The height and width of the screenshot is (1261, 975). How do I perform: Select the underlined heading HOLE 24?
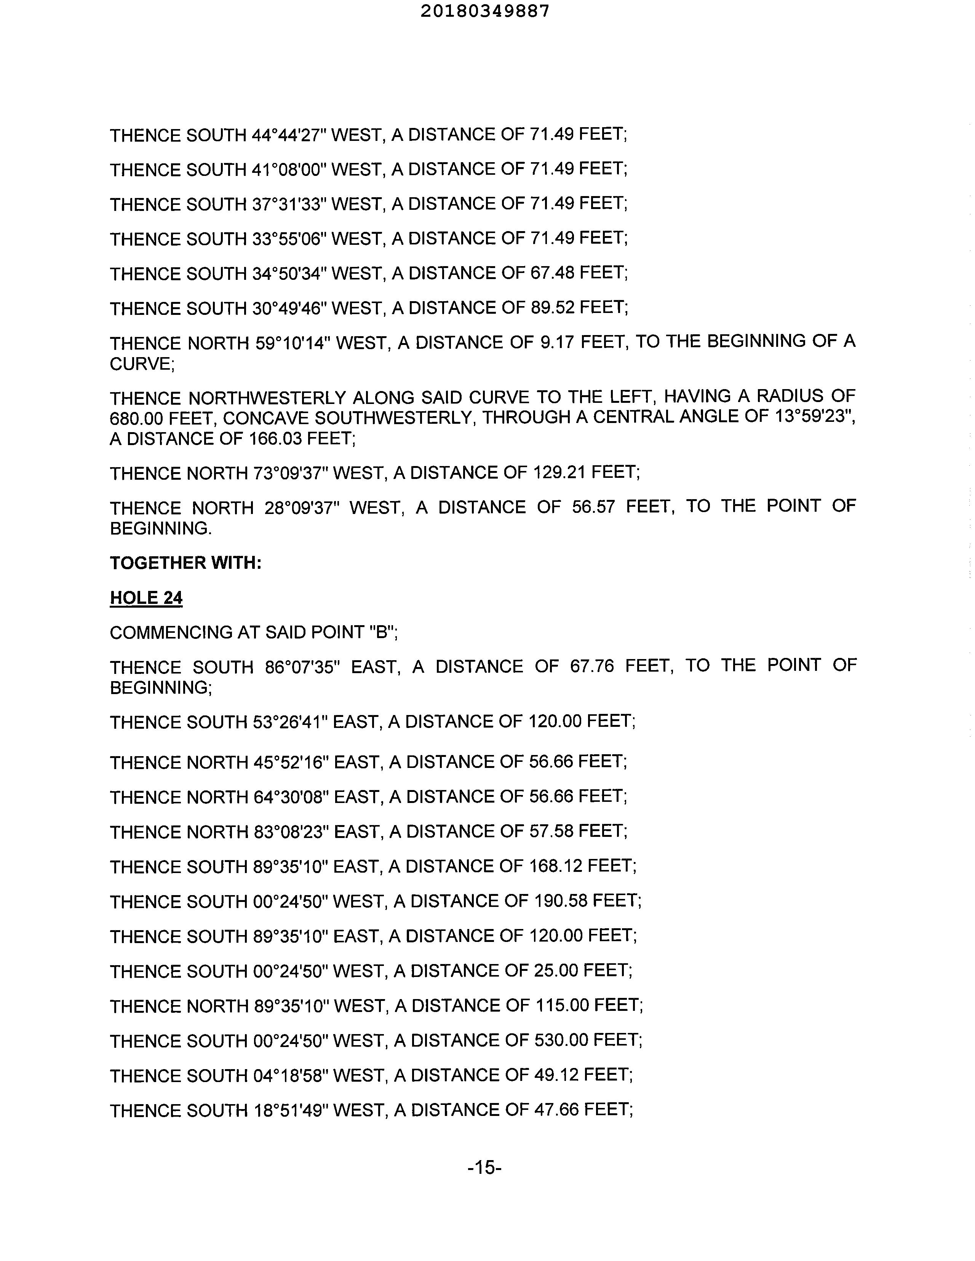click(x=146, y=598)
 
